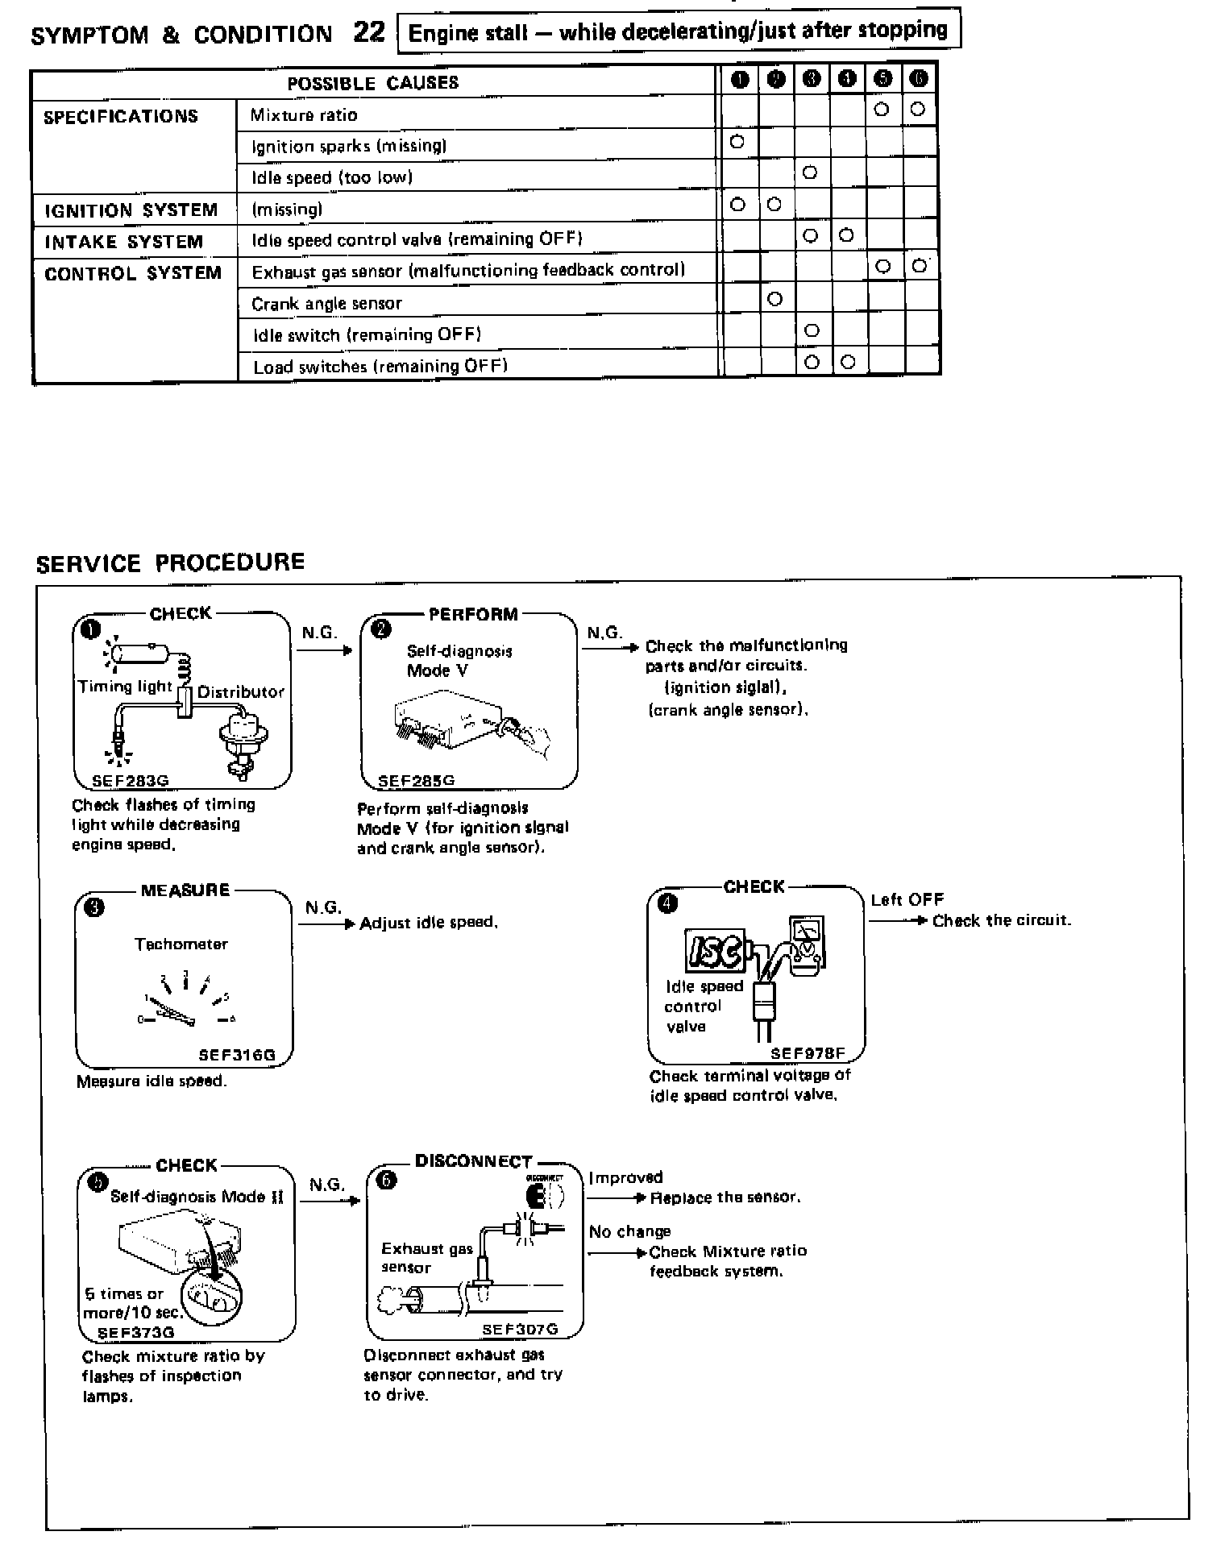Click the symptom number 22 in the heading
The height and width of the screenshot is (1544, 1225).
(369, 32)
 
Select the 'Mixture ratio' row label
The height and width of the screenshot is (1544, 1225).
(304, 114)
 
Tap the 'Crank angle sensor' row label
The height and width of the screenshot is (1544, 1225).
(326, 303)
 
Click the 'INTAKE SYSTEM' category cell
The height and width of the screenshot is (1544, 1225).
(123, 242)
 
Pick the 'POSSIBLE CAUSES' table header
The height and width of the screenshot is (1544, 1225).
(373, 83)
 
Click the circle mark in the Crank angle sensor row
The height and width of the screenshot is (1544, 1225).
(774, 299)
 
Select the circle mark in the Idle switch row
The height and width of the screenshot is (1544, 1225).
(812, 330)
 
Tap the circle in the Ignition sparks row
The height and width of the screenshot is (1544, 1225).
(736, 142)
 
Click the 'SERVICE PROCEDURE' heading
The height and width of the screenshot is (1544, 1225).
(170, 562)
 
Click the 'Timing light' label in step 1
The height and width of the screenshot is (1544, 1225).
(125, 687)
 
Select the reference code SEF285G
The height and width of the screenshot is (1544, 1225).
(417, 780)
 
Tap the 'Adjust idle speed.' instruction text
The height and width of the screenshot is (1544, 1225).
(429, 923)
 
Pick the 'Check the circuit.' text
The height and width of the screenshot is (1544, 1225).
(1002, 920)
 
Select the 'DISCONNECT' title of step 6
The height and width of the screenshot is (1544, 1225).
(473, 1161)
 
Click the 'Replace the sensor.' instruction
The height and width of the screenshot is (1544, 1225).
(725, 1197)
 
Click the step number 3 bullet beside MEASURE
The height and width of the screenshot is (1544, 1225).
(94, 907)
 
